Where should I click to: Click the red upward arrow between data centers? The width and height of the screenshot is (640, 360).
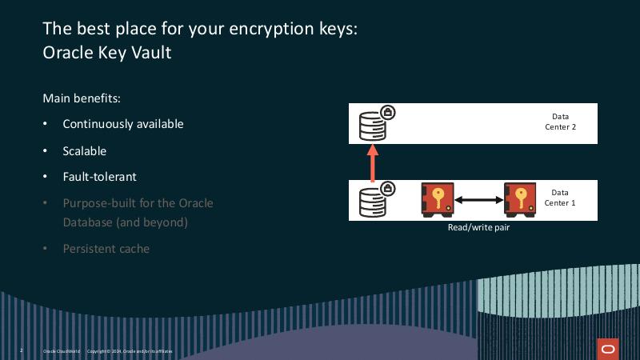372,162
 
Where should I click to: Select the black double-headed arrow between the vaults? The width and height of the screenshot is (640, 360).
478,199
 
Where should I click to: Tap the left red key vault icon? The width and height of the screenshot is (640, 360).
438,199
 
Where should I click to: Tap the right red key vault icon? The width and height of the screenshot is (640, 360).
520,199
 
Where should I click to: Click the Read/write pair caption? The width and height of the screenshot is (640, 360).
478,227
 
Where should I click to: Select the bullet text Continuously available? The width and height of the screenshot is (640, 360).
123,124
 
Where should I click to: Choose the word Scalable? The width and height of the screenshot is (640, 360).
85,150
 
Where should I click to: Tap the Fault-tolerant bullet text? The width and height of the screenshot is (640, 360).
100,177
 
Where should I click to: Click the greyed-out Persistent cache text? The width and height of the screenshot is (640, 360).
106,249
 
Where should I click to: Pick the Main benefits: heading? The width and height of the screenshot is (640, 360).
82,98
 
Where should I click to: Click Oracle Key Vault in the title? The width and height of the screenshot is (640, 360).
106,54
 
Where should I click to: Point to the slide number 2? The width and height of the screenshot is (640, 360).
21,350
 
